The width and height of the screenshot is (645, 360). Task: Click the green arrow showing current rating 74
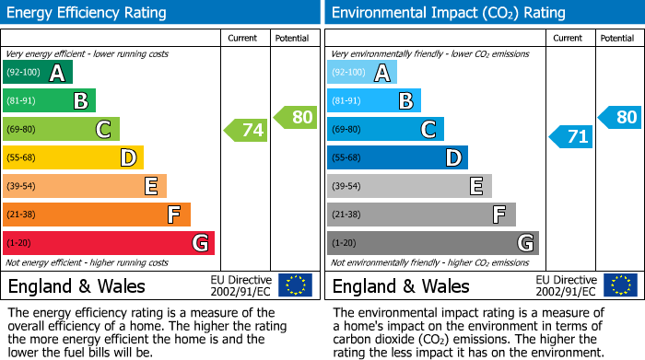coord(246,130)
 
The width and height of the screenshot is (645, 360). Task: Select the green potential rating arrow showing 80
coord(296,117)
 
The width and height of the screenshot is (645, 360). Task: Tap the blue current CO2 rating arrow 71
coord(570,137)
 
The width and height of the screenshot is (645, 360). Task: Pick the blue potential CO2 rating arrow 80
coord(620,117)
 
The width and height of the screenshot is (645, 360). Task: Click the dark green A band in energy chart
coord(37,73)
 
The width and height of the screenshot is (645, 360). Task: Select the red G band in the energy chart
coord(109,243)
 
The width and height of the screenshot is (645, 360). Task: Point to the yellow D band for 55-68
coord(73,157)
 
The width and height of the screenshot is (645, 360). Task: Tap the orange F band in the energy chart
coord(97,215)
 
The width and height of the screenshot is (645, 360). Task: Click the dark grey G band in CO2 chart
coord(432,243)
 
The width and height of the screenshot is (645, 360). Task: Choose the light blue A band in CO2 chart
coord(361,73)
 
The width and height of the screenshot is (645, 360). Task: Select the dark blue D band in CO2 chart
coord(397,157)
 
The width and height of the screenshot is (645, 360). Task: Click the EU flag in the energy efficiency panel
coord(296,285)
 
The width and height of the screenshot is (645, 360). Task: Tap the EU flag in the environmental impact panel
coord(620,285)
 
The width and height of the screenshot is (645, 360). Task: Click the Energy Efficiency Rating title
coord(88,13)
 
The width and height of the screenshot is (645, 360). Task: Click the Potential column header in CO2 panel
coord(617,38)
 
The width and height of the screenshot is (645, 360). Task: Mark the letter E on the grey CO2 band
coord(475,186)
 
